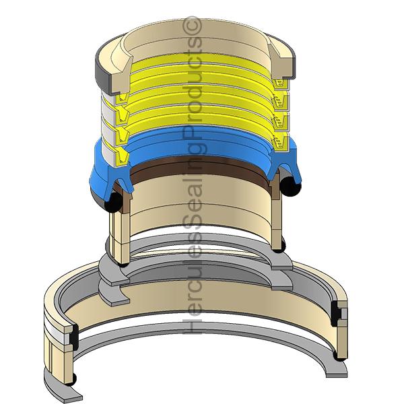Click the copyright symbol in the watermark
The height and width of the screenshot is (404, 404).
tap(192, 26)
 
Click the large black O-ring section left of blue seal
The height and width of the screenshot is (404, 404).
tap(113, 202)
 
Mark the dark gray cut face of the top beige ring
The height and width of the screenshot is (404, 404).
tap(104, 75)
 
